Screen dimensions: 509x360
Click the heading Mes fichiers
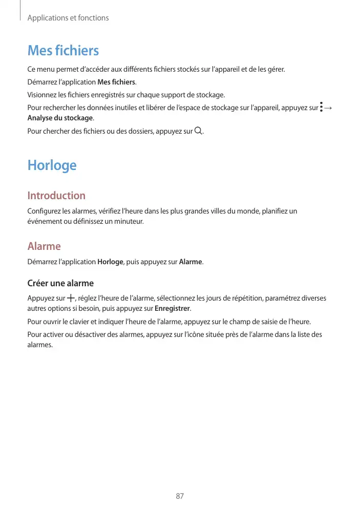click(63, 51)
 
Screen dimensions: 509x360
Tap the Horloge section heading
click(52, 165)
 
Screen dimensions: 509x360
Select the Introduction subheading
click(56, 196)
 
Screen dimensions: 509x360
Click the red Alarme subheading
click(44, 246)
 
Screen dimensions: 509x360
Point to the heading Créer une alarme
click(60, 283)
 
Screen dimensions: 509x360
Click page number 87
click(180, 496)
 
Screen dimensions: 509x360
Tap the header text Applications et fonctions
click(68, 18)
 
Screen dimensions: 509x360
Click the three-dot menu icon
click(321, 108)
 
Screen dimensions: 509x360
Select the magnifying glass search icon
click(199, 131)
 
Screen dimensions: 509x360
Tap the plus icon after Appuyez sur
click(70, 298)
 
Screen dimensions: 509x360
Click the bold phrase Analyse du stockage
click(60, 118)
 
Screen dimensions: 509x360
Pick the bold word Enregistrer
click(173, 309)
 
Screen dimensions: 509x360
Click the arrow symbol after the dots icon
click(328, 108)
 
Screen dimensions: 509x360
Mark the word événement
click(44, 222)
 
